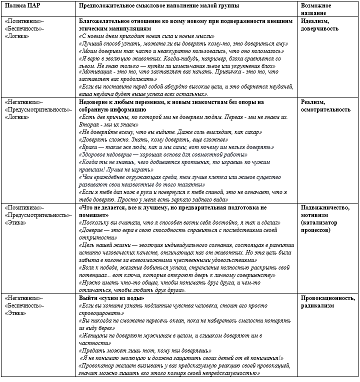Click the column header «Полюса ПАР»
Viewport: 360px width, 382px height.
[x=21, y=4]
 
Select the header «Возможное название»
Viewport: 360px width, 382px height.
[x=317, y=8]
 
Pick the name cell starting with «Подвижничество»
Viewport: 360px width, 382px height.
[x=325, y=218]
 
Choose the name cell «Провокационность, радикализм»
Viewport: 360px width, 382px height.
[x=328, y=302]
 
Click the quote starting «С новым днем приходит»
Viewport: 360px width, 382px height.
[x=147, y=37]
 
